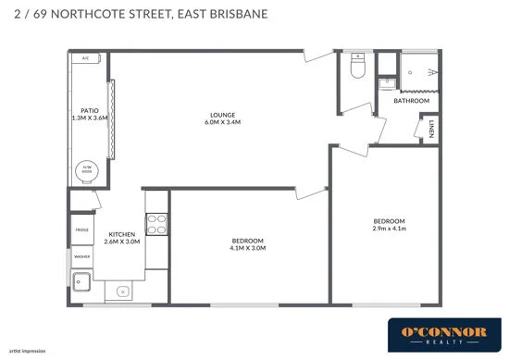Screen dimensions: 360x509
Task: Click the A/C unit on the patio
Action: pyautogui.click(x=85, y=58)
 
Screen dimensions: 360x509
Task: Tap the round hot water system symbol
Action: pyautogui.click(x=87, y=169)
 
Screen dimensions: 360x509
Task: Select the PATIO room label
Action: pyautogui.click(x=90, y=110)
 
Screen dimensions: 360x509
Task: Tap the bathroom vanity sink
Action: pyautogui.click(x=385, y=83)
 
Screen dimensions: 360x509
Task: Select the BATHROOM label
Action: pyautogui.click(x=411, y=101)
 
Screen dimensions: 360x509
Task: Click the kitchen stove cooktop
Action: pyautogui.click(x=157, y=224)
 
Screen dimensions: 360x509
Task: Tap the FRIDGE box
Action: pyautogui.click(x=81, y=227)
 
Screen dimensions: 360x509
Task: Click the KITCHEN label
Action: pyautogui.click(x=123, y=234)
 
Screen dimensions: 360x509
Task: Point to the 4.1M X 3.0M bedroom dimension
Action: pyautogui.click(x=248, y=248)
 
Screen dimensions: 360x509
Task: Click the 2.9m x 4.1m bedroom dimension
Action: pyautogui.click(x=389, y=229)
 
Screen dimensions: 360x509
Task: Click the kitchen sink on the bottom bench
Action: pyautogui.click(x=121, y=292)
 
